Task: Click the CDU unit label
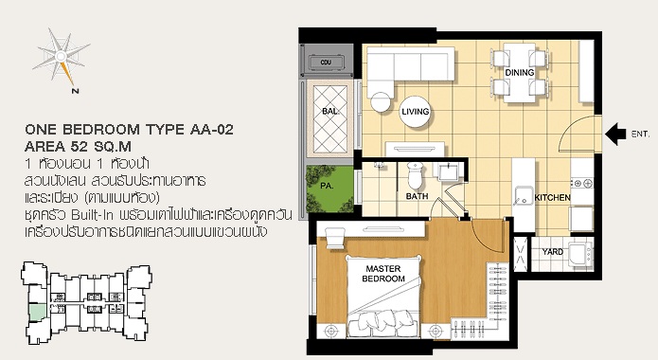pos(326,63)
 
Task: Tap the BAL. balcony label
pos(330,112)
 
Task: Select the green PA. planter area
pos(329,189)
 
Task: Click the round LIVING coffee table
pos(416,112)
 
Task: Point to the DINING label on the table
pos(520,73)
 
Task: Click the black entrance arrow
pos(615,134)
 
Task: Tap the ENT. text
pos(640,135)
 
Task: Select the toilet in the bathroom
pos(416,175)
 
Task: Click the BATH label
pos(418,196)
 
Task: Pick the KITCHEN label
pos(552,197)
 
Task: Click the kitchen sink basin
pos(524,197)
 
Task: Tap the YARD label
pos(553,252)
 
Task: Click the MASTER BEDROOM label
pos(383,274)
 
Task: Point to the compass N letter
pos(75,91)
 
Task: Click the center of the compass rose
pos(62,56)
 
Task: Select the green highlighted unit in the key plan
pos(38,314)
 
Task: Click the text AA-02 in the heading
pos(211,130)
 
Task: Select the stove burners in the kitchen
pos(582,183)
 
